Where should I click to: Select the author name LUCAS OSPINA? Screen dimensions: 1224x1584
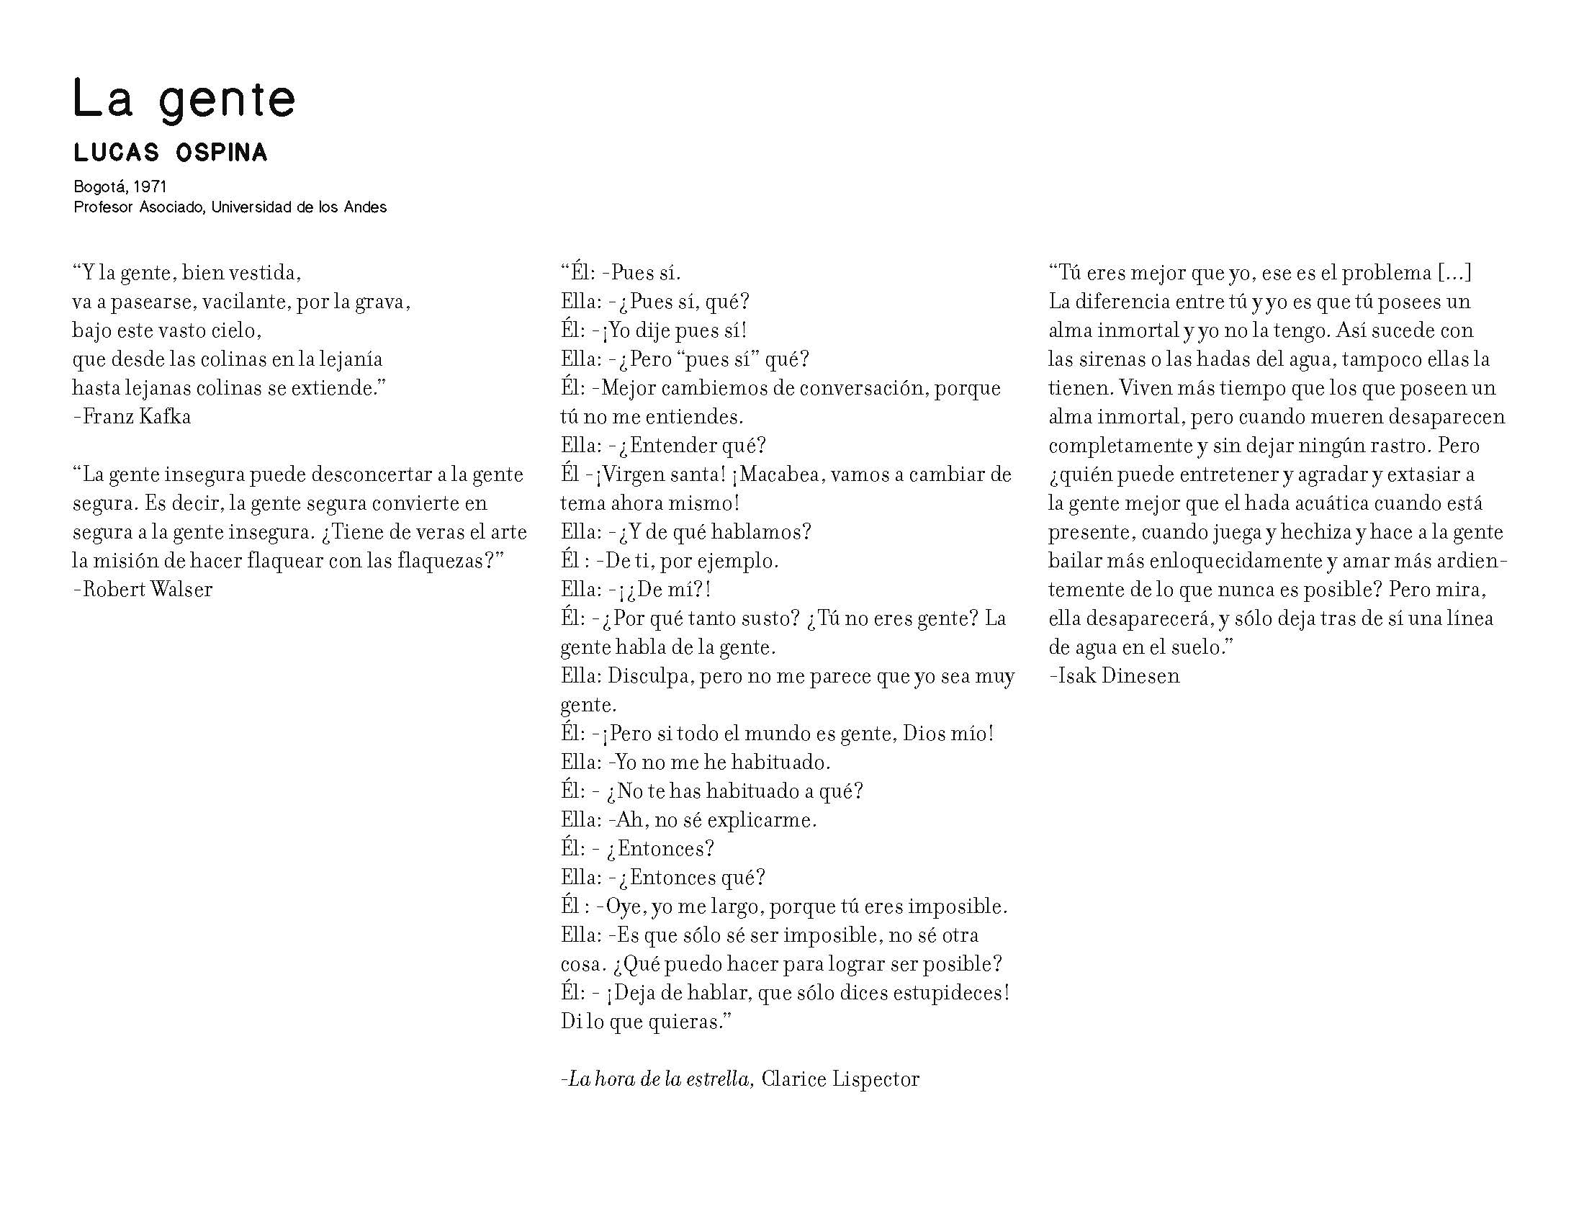(171, 153)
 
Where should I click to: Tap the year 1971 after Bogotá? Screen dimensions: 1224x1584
(151, 187)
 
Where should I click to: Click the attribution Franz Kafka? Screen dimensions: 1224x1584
(136, 417)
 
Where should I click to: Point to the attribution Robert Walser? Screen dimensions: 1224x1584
(147, 590)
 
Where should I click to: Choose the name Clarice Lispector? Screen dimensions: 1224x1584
(840, 1079)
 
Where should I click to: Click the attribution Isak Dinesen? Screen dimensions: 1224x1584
(1118, 676)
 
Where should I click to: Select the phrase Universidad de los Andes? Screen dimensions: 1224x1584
(299, 207)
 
